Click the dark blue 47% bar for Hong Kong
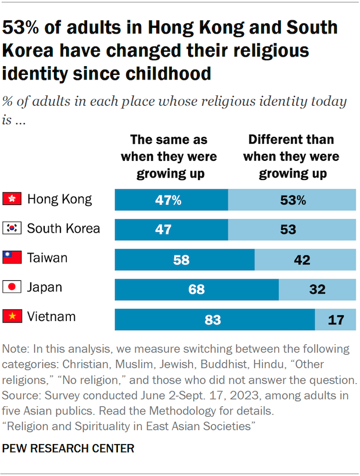click(171, 200)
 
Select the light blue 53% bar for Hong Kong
click(292, 200)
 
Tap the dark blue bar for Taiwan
click(185, 259)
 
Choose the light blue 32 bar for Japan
click(317, 289)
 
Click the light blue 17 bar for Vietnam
click(335, 319)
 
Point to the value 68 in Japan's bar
click(196, 289)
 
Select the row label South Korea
click(63, 228)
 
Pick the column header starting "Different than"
click(291, 157)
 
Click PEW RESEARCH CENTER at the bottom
click(69, 448)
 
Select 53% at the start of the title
click(23, 27)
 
